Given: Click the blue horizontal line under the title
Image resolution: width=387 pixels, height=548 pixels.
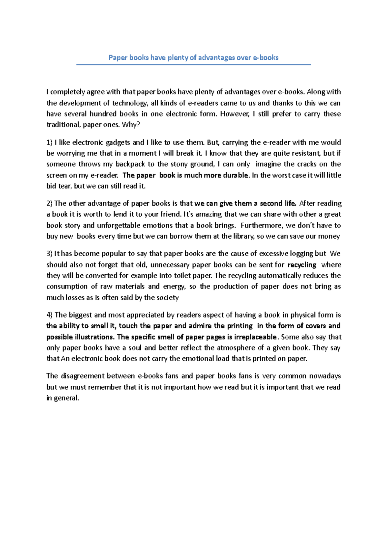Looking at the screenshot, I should pos(193,65).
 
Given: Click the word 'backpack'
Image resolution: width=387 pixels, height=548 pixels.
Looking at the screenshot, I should pos(130,164).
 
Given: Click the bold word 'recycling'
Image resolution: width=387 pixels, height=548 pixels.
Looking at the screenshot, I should pos(302,265).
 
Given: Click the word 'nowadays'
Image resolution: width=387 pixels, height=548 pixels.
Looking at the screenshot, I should pos(325,376).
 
